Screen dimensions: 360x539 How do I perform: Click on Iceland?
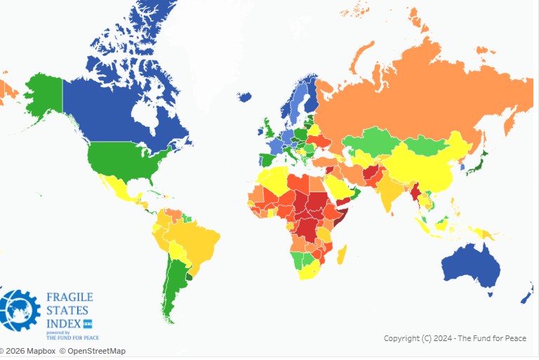pyautogui.click(x=245, y=96)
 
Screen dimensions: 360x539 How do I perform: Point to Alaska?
pyautogui.click(x=42, y=95)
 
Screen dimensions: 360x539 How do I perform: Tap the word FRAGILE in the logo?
pyautogui.click(x=69, y=298)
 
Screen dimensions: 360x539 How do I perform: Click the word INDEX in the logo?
pyautogui.click(x=64, y=324)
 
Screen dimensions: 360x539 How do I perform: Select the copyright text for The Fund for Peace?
pyautogui.click(x=455, y=338)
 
